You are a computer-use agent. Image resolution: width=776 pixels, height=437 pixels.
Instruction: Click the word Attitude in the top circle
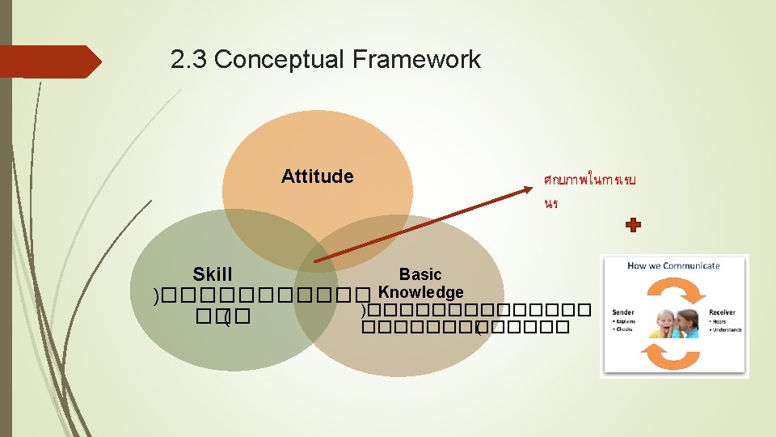(317, 176)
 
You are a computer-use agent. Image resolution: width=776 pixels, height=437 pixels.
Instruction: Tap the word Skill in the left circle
(213, 275)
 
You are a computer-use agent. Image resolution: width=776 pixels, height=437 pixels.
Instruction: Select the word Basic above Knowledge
(420, 275)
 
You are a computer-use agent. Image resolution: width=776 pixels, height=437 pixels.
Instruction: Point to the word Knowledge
(421, 292)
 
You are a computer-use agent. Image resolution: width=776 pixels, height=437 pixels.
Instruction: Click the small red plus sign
(634, 225)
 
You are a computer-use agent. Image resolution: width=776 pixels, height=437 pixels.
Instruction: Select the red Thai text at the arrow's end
(590, 190)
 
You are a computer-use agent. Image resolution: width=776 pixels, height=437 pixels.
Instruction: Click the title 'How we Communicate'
(673, 265)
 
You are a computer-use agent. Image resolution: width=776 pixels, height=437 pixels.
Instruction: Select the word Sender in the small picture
(623, 312)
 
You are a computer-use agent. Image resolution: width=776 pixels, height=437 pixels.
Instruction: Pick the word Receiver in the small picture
(722, 312)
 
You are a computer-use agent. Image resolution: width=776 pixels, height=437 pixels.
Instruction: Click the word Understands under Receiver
(727, 329)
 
